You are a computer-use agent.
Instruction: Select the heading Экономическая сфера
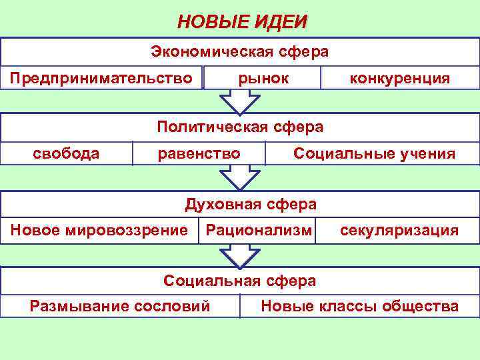[239, 51]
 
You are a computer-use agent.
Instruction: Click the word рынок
[264, 79]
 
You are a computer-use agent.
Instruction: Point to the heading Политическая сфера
[239, 127]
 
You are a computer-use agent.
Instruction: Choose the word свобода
[66, 154]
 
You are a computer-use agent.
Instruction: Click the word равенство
[199, 154]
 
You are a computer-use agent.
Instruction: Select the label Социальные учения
[375, 154]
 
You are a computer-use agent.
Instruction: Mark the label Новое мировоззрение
[99, 231]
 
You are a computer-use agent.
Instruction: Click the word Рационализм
[259, 231]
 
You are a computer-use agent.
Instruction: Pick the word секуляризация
[399, 231]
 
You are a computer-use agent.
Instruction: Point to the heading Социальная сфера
[239, 281]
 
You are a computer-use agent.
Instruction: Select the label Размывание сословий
[120, 306]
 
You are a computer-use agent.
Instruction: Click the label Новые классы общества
[360, 306]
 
